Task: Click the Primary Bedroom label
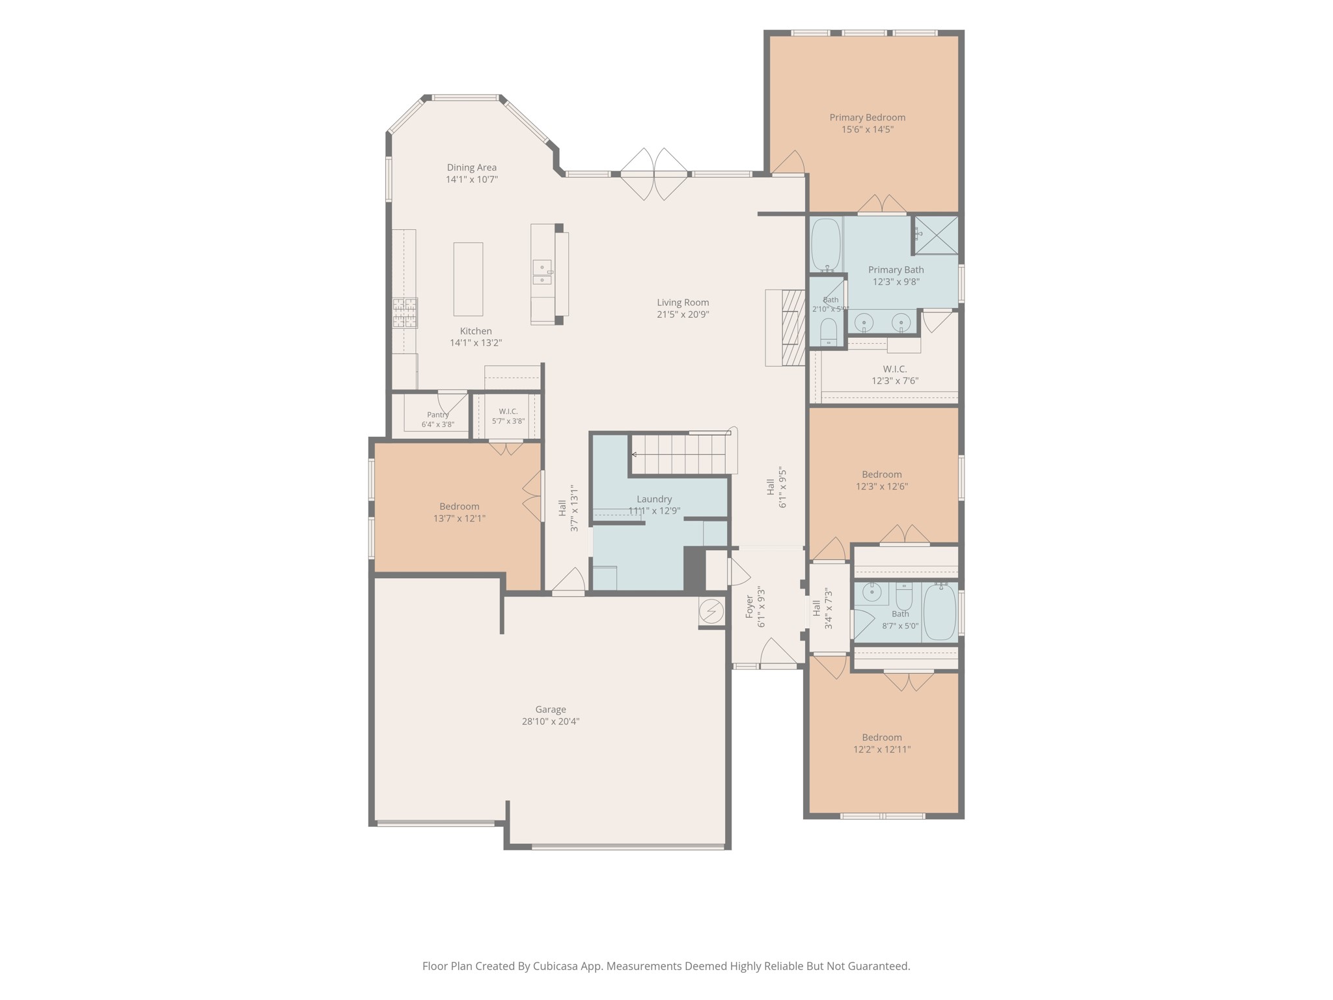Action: click(867, 117)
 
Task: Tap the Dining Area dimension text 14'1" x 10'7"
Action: click(472, 179)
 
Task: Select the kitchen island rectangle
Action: click(468, 279)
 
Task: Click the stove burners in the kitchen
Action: click(404, 312)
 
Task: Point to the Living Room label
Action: click(683, 302)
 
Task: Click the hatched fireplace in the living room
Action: click(793, 327)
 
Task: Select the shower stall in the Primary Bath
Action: click(937, 234)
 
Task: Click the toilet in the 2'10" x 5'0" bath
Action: click(828, 331)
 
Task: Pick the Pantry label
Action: click(438, 415)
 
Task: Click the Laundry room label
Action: click(654, 499)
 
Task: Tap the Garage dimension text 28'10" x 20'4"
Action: click(551, 721)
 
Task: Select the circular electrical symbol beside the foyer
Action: click(711, 611)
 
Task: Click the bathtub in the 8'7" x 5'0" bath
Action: click(939, 612)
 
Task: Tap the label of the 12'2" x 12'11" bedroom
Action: click(882, 737)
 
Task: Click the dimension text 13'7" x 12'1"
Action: click(460, 518)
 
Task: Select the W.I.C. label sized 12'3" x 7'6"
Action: click(895, 369)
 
